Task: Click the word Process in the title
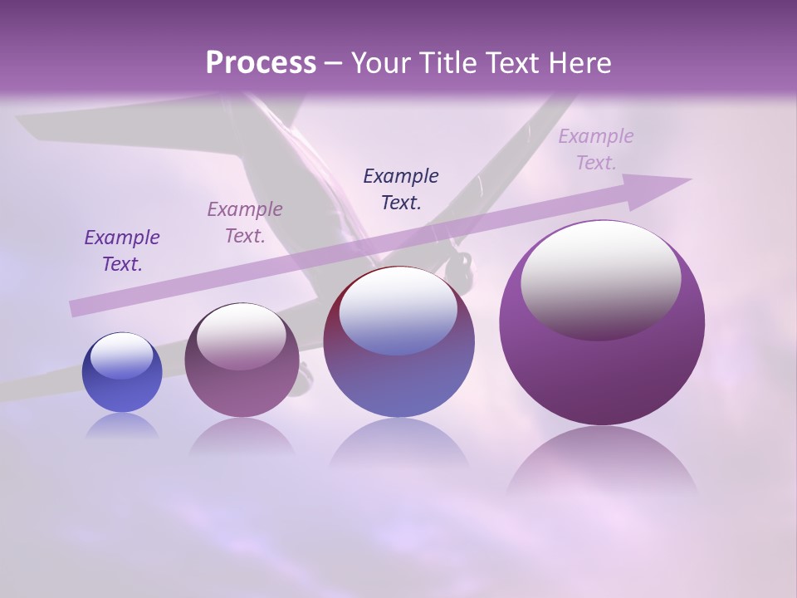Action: (261, 63)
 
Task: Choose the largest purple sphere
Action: (602, 365)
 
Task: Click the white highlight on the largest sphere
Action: (600, 278)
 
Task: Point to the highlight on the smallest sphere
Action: (121, 355)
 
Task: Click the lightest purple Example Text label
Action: (595, 149)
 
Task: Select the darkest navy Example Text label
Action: (401, 189)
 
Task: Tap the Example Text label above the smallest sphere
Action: (122, 250)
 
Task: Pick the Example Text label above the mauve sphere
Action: (245, 222)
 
